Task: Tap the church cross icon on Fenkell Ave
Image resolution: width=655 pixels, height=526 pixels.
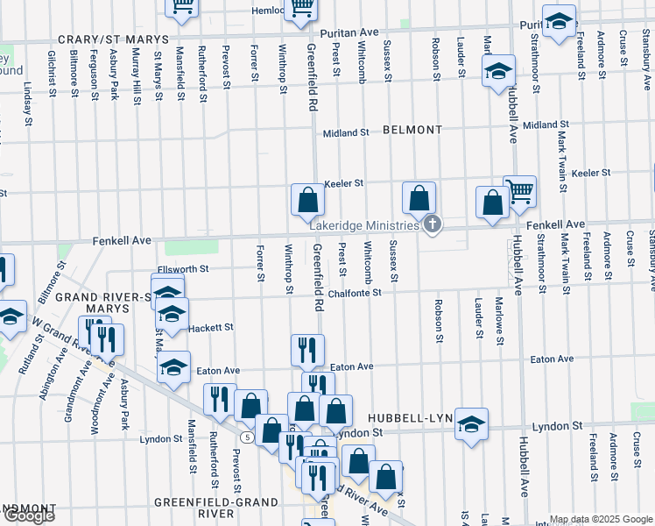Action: [431, 225]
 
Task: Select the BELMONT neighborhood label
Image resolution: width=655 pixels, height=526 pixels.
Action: [412, 130]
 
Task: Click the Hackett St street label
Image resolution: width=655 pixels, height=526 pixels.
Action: [211, 327]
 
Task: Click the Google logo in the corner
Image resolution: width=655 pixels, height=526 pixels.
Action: [28, 515]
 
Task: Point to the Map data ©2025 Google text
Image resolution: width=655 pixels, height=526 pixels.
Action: [600, 519]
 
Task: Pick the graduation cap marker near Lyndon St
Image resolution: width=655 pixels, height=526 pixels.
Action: [471, 425]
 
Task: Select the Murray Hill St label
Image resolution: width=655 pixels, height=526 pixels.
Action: [137, 76]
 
